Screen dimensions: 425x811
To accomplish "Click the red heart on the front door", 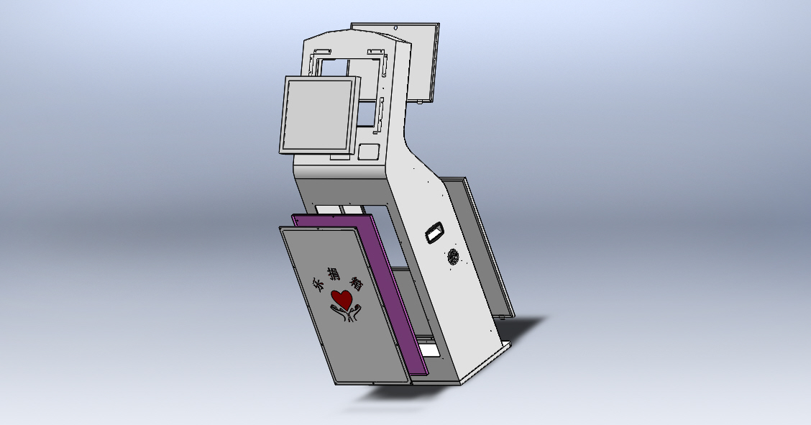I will (x=342, y=298).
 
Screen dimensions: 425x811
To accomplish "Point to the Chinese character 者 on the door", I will (x=355, y=283).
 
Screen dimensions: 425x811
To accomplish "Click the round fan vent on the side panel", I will (x=454, y=257).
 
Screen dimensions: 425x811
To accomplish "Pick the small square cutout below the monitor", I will (x=369, y=152).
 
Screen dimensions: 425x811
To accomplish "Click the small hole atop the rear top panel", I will (x=396, y=27).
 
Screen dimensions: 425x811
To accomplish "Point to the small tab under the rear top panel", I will (x=418, y=103).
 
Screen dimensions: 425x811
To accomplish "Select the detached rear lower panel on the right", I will (x=480, y=245).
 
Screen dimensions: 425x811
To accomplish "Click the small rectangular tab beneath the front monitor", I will (x=338, y=156).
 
